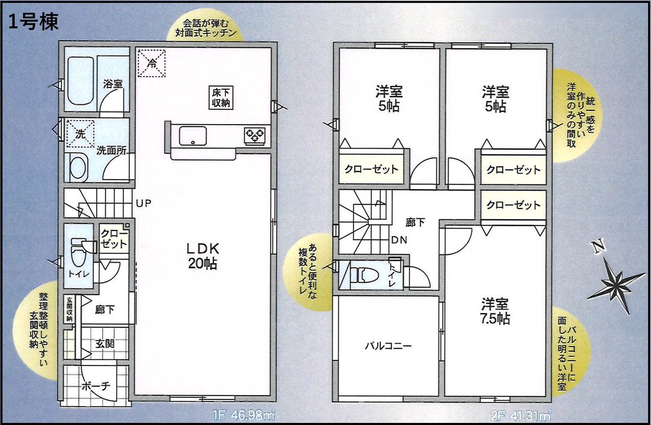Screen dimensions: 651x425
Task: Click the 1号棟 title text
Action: coord(34,22)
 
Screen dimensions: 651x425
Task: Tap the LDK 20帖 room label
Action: coord(202,256)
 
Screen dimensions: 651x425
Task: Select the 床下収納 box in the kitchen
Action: coord(221,98)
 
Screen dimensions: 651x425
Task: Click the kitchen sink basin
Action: coord(193,136)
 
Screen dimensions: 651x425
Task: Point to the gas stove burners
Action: coord(255,135)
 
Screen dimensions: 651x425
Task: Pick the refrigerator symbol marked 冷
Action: coord(152,63)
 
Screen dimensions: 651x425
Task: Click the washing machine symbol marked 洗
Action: coord(80,134)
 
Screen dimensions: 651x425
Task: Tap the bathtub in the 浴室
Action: coord(80,80)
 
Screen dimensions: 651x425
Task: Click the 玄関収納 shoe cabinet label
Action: coord(69,309)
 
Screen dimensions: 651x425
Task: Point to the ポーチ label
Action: coord(96,386)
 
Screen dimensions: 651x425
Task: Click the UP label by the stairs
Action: coord(144,203)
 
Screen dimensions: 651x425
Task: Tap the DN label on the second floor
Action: coord(399,240)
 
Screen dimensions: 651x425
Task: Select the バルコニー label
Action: coord(388,346)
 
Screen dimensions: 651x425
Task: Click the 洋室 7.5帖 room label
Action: coord(495,311)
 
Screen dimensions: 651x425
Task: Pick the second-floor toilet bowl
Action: coord(365,275)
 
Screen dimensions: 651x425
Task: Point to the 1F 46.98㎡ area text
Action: coord(244,415)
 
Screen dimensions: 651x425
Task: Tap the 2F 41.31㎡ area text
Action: coord(520,416)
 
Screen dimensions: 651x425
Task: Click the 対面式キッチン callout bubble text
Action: coord(205,28)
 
